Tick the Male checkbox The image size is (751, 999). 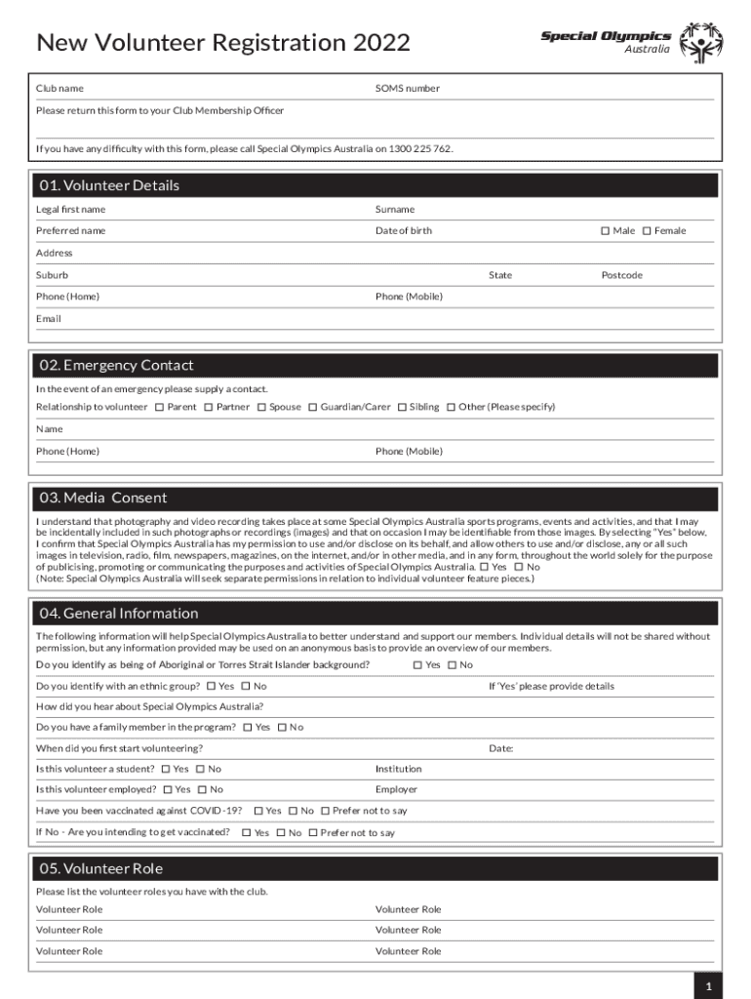(x=605, y=231)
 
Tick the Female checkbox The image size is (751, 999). (x=646, y=231)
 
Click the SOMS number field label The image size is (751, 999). (x=407, y=89)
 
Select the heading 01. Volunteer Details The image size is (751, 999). (x=109, y=185)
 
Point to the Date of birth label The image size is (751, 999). (x=403, y=231)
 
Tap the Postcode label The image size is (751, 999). (x=621, y=275)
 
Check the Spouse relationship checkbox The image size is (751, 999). (x=261, y=407)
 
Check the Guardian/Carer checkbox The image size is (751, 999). (x=312, y=407)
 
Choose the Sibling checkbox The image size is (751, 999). (x=402, y=407)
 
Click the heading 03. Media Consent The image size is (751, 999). (x=102, y=498)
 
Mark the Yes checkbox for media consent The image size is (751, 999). (x=485, y=567)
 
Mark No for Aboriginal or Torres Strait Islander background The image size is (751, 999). (x=452, y=665)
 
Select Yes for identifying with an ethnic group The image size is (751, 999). (x=211, y=687)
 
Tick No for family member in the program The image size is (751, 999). (x=282, y=728)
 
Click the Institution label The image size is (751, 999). (x=398, y=769)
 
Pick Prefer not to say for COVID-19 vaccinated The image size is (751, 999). (x=325, y=811)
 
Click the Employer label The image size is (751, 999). (x=396, y=789)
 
